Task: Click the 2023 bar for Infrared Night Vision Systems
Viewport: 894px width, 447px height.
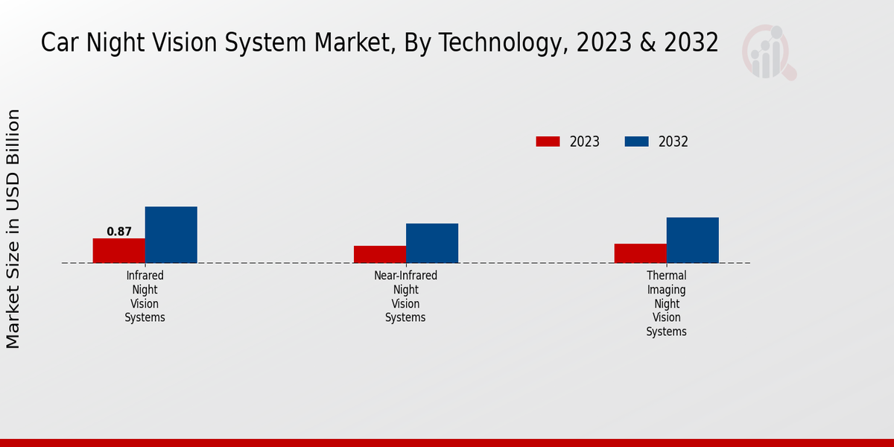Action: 118,250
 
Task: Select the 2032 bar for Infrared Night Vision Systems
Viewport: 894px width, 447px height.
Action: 171,235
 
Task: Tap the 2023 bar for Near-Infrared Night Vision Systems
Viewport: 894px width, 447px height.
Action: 379,254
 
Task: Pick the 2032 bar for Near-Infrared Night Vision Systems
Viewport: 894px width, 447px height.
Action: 431,243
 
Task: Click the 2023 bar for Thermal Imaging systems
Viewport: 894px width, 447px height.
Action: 640,253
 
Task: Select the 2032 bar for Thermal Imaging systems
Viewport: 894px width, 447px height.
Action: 692,240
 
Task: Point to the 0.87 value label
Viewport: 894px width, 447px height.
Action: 119,232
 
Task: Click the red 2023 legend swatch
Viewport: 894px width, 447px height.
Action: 548,142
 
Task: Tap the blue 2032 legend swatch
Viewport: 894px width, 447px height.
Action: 636,142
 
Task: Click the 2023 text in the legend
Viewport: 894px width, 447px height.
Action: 585,142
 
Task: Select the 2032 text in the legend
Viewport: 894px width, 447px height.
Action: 673,142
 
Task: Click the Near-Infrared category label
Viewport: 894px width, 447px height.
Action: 405,276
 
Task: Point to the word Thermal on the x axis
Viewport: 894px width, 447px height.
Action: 666,276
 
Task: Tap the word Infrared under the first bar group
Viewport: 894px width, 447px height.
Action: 145,276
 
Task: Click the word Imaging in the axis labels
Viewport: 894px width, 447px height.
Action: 666,290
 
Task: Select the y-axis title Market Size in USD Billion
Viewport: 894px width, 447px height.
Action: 13,229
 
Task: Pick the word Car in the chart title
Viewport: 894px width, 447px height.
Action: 56,43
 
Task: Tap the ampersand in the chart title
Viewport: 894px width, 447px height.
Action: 648,43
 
